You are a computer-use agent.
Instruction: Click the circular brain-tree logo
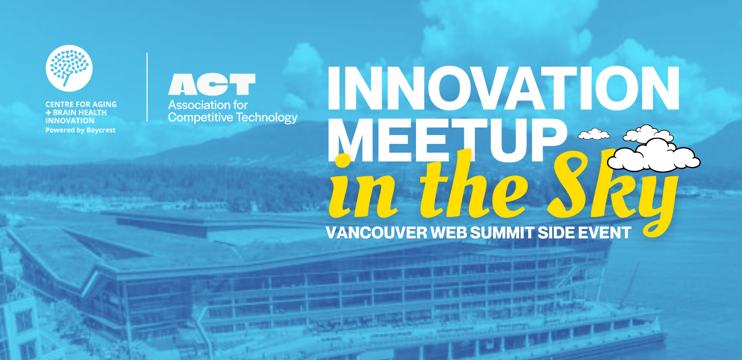click(x=69, y=68)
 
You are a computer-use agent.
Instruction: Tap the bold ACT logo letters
click(x=212, y=84)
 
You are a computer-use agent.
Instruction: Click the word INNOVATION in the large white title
click(x=503, y=88)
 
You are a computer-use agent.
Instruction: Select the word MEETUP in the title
click(x=447, y=140)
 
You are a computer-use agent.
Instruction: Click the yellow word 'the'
click(x=473, y=189)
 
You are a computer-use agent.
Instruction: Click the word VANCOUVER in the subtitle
click(x=377, y=233)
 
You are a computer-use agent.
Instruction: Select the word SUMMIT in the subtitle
click(x=502, y=233)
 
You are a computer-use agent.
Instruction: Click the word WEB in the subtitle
click(x=449, y=233)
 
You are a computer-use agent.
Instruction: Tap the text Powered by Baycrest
click(x=81, y=130)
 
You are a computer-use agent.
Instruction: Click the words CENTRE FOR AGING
click(x=81, y=104)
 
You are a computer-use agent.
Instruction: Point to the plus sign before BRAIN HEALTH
click(x=48, y=113)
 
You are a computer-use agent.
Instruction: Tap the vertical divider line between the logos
click(x=147, y=87)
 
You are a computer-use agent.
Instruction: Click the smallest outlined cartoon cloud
click(x=594, y=134)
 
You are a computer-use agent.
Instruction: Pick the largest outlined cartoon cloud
click(x=653, y=155)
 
